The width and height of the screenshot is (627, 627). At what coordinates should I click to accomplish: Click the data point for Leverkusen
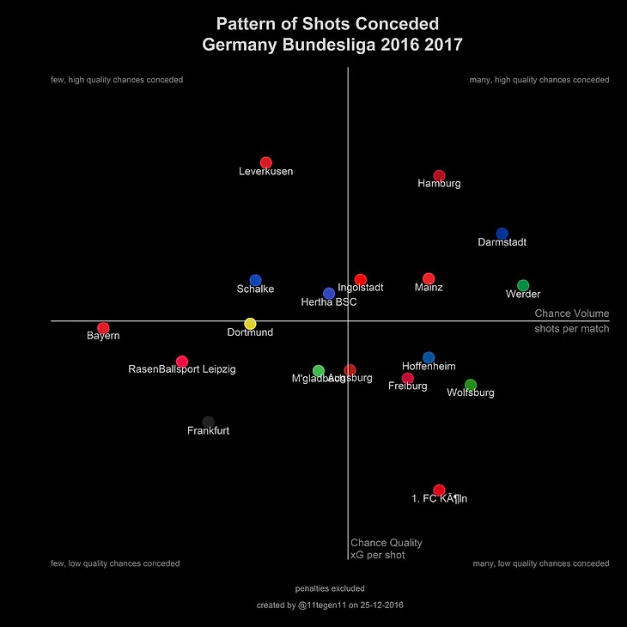click(x=266, y=163)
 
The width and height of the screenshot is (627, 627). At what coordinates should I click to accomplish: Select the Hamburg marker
click(x=439, y=176)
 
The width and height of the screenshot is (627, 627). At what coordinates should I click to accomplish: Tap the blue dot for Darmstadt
click(x=502, y=234)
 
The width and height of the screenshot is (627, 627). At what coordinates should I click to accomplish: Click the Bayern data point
click(x=104, y=328)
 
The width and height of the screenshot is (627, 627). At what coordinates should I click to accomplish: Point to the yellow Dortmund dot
click(x=250, y=324)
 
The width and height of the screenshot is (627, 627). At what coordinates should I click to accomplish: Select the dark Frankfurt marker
click(x=208, y=422)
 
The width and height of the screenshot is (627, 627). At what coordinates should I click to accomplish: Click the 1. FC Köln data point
click(x=439, y=490)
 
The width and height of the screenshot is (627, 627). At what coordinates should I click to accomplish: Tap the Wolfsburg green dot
click(x=471, y=385)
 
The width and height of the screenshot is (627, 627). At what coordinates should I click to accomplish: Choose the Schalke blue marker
click(x=255, y=281)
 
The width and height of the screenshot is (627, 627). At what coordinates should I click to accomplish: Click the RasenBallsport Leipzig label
click(x=181, y=369)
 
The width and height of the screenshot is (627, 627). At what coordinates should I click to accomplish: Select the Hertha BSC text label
click(x=328, y=302)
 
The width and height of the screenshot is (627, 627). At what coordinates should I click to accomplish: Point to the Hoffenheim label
click(x=429, y=366)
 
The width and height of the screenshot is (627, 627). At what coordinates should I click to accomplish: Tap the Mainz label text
click(x=429, y=288)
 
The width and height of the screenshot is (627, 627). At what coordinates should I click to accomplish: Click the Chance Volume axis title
click(x=571, y=313)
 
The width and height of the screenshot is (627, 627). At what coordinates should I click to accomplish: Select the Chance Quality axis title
click(x=387, y=543)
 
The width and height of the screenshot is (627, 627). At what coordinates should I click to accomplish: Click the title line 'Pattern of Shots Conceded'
click(x=327, y=24)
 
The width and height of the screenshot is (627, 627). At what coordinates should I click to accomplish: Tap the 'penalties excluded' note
click(x=330, y=589)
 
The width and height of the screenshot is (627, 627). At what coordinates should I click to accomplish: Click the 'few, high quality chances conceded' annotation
click(x=117, y=80)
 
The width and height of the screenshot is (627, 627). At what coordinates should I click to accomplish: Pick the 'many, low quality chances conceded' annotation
click(x=541, y=564)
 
